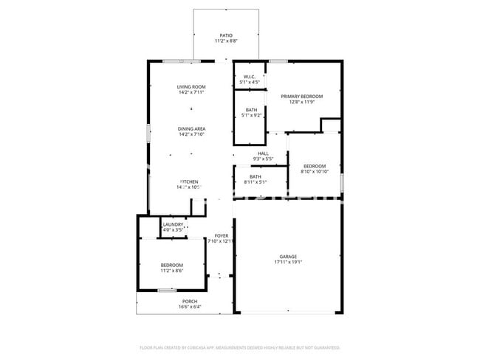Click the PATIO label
226,35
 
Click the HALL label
263,153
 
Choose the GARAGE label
288,256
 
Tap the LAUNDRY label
173,224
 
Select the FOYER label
221,235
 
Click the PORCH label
190,301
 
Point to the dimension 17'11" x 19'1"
288,262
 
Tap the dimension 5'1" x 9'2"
252,116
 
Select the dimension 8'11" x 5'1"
256,182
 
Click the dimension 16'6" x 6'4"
190,307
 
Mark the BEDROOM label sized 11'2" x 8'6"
172,265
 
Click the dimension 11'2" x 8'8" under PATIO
226,41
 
